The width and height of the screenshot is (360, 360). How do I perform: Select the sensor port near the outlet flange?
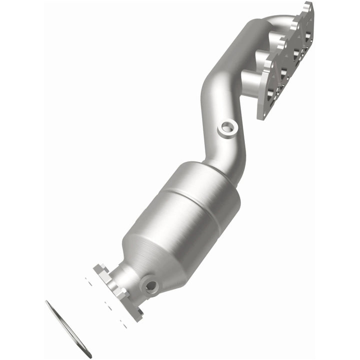pos(149,286)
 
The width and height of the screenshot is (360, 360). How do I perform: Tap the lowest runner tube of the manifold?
pos(252,80)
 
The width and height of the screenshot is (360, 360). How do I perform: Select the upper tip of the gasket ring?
pos(47,303)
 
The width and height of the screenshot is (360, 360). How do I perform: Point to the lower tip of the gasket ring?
pos(89,355)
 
